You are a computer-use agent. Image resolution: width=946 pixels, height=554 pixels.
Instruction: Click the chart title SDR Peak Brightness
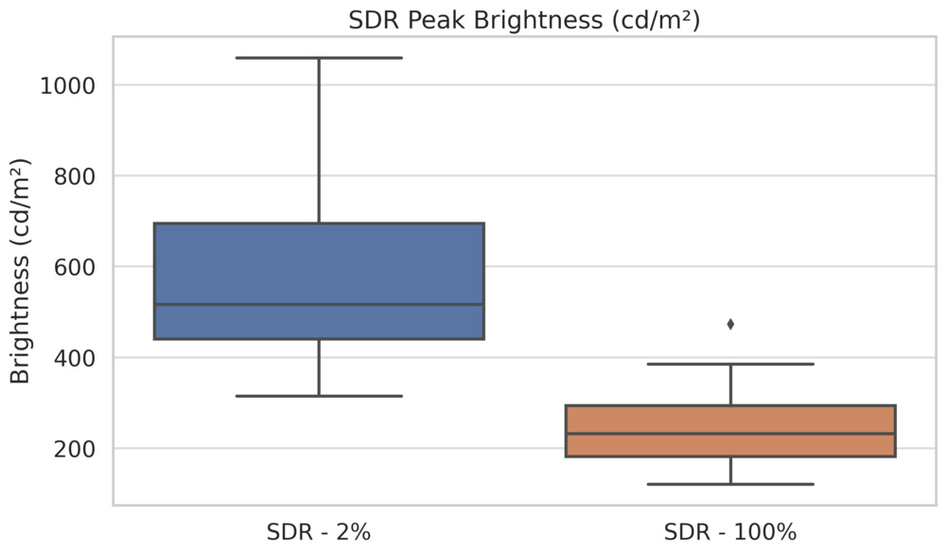(524, 21)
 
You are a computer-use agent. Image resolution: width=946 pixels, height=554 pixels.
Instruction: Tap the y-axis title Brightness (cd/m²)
(21, 272)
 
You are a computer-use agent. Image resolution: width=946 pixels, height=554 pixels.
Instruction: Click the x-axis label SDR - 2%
(319, 532)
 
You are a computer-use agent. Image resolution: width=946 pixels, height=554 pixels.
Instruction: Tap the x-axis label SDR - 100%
(730, 532)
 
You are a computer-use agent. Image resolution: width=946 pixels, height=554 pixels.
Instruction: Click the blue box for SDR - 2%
(319, 265)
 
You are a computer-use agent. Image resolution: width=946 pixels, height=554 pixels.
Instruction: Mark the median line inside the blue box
(319, 304)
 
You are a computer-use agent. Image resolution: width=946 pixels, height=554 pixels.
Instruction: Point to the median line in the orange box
(730, 434)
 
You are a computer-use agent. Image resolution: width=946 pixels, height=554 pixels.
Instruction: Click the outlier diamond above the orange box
(730, 324)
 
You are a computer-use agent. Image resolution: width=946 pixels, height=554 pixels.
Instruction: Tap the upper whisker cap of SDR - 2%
(319, 58)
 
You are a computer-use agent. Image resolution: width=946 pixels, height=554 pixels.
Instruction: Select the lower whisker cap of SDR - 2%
(319, 396)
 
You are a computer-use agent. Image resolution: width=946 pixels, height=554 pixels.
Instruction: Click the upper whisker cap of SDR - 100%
(730, 364)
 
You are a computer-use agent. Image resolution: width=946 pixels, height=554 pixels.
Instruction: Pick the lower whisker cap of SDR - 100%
(730, 484)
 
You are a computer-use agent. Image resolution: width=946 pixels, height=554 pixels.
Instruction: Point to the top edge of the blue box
(319, 223)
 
